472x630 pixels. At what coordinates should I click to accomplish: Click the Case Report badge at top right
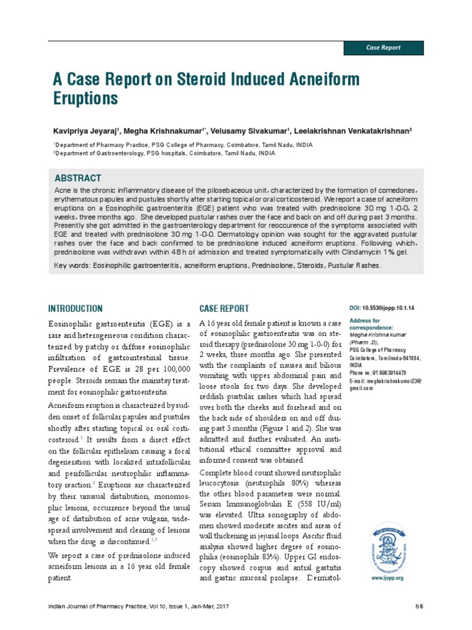coord(382,47)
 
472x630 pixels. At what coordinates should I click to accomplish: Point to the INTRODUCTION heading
coord(76,309)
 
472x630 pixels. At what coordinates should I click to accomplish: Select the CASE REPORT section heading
coord(224,309)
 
